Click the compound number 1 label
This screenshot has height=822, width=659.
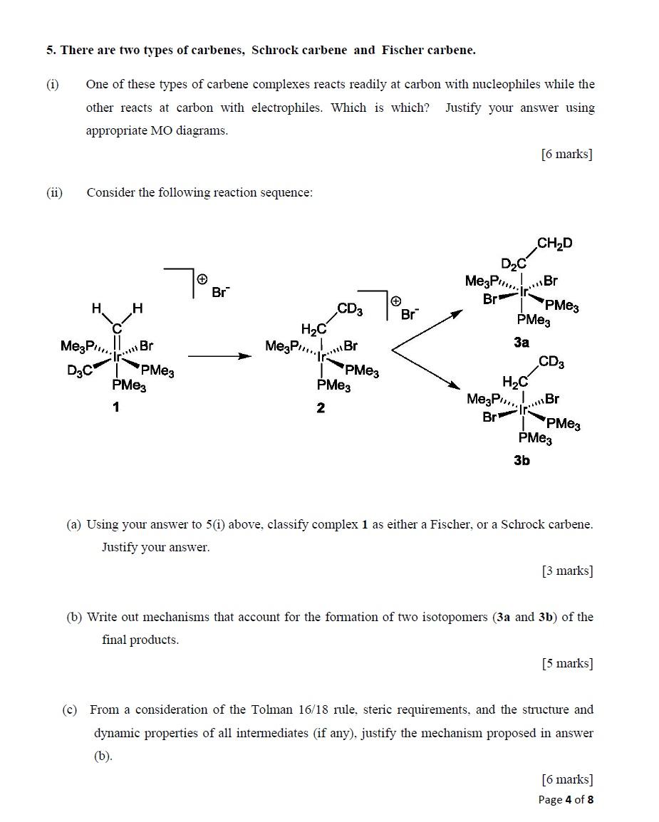pyautogui.click(x=115, y=407)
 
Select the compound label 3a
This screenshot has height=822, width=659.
pyautogui.click(x=522, y=343)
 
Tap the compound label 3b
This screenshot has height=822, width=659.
pyautogui.click(x=522, y=460)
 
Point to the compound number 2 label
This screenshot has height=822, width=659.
pyautogui.click(x=321, y=407)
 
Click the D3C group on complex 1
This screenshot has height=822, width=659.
pyautogui.click(x=80, y=370)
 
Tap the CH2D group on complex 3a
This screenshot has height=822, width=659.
pyautogui.click(x=554, y=244)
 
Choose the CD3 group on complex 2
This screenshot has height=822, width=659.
pyautogui.click(x=349, y=309)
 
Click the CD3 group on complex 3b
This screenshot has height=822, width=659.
pyautogui.click(x=551, y=362)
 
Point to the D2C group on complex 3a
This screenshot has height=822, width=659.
pyautogui.click(x=513, y=263)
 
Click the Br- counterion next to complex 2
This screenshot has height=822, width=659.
pyautogui.click(x=410, y=314)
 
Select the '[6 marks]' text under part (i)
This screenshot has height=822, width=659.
pyautogui.click(x=566, y=154)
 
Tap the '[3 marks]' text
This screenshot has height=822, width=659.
pyautogui.click(x=566, y=571)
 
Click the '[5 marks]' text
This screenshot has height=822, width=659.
pyautogui.click(x=566, y=663)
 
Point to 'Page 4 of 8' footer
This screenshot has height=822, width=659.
pyautogui.click(x=566, y=799)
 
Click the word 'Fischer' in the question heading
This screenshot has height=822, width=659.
pyautogui.click(x=403, y=50)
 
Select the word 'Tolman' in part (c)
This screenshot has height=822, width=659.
pyautogui.click(x=271, y=709)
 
